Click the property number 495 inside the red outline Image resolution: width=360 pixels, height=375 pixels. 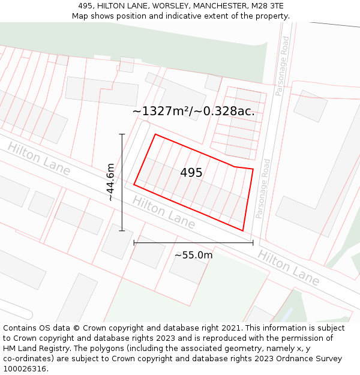click(191, 173)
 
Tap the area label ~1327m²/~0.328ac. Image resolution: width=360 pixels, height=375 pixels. click(193, 111)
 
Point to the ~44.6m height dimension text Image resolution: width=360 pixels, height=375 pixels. click(110, 182)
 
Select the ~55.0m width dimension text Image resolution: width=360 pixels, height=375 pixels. click(193, 255)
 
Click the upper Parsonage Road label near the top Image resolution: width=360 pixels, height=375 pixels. click(282, 66)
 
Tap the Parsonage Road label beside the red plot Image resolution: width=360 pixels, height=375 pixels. click(262, 188)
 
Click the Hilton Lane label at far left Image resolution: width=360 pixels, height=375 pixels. click(39, 158)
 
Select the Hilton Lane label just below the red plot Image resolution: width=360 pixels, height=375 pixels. click(164, 212)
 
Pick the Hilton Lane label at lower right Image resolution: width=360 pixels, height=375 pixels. click(289, 267)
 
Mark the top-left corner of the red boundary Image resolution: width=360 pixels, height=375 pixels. click(155, 134)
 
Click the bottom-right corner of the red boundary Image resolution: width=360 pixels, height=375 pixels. click(243, 230)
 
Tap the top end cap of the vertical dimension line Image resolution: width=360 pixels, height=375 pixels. click(122, 134)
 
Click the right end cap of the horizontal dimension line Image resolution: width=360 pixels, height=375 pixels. click(253, 243)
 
